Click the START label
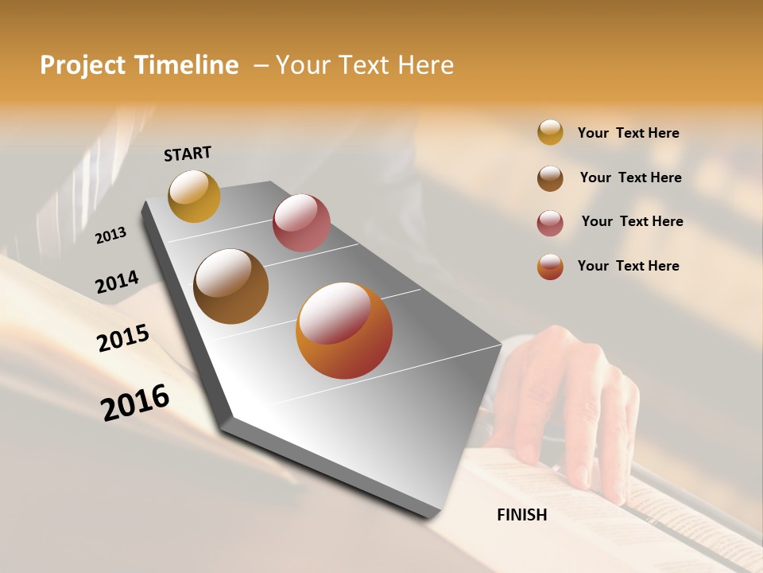click(188, 154)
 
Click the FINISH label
click(521, 515)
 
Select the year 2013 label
click(110, 236)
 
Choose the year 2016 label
click(135, 403)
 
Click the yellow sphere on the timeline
click(194, 196)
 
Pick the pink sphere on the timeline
click(301, 223)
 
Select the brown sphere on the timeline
click(230, 286)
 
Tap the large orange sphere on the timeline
click(344, 330)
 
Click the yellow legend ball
click(550, 132)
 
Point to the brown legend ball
click(550, 177)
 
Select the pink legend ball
click(550, 223)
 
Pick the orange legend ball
click(550, 267)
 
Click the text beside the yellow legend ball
click(628, 133)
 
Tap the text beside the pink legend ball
click(632, 221)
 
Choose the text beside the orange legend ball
click(628, 266)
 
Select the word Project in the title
click(82, 65)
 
